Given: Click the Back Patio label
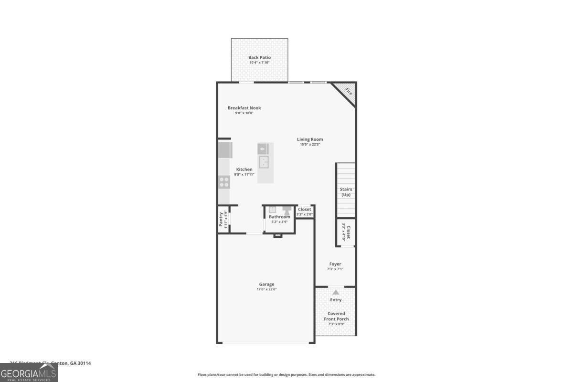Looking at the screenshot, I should pyautogui.click(x=259, y=58).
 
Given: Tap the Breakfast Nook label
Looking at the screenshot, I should pyautogui.click(x=244, y=108).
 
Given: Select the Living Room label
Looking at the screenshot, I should pyautogui.click(x=310, y=139).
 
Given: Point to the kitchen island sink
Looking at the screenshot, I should pyautogui.click(x=264, y=162).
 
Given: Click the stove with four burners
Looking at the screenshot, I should pyautogui.click(x=224, y=181).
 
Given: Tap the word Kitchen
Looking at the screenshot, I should pyautogui.click(x=244, y=170).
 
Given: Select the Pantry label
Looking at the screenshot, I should pyautogui.click(x=221, y=219).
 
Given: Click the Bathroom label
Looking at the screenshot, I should pyautogui.click(x=279, y=217).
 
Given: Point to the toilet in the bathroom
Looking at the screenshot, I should pyautogui.click(x=287, y=210).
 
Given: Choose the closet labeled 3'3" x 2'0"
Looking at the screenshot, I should pyautogui.click(x=304, y=212).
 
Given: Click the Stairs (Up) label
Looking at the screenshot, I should pyautogui.click(x=346, y=192).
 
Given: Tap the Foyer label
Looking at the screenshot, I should pyautogui.click(x=335, y=264).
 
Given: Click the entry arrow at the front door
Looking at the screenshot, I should pyautogui.click(x=336, y=292).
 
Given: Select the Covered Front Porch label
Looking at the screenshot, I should pyautogui.click(x=336, y=316).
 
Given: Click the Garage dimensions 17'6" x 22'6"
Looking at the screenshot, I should pyautogui.click(x=266, y=289).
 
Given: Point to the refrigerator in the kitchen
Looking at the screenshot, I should pyautogui.click(x=224, y=150).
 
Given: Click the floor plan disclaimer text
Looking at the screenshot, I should pyautogui.click(x=286, y=375).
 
